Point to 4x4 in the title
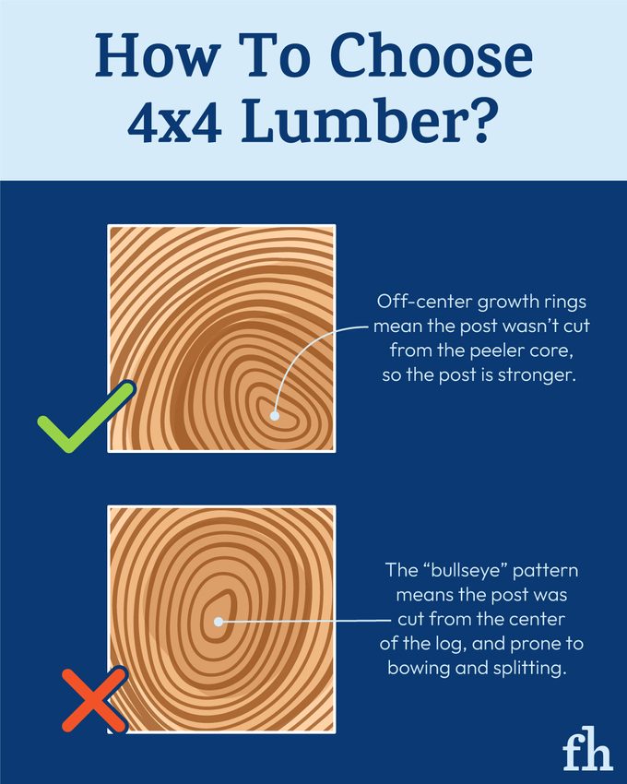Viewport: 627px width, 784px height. tap(170, 123)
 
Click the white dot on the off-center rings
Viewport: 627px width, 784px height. tap(274, 416)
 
